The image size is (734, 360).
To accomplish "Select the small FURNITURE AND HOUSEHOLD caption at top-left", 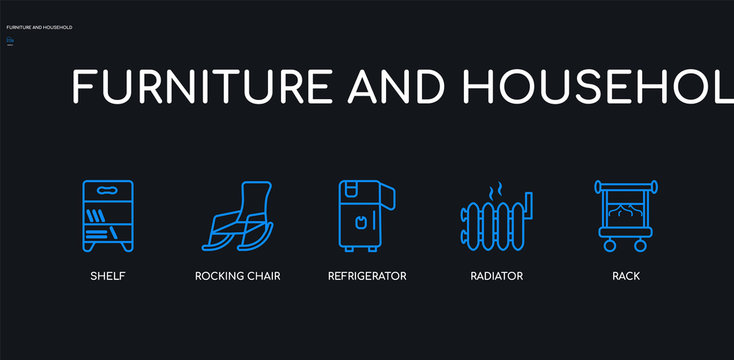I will (39, 27).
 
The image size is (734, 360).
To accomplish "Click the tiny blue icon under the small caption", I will (10, 41).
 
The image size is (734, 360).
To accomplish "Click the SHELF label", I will (107, 275).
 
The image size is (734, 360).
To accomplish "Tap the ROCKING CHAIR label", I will (237, 275).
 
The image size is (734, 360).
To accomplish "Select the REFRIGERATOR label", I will (367, 275).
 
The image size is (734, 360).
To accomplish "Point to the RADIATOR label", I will (497, 275).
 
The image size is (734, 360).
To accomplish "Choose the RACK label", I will (627, 275).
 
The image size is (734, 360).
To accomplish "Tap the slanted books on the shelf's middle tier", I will (94, 215).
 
